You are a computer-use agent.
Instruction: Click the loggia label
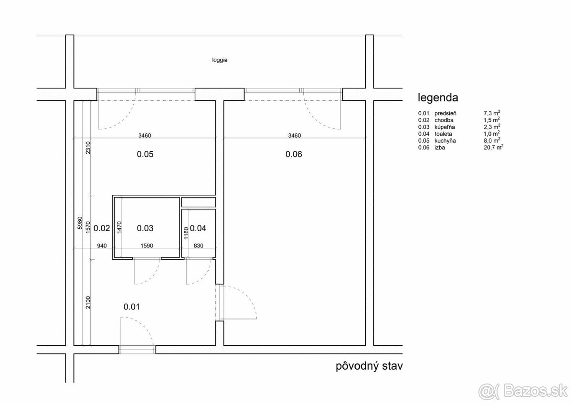point(220,60)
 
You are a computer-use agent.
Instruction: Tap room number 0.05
point(145,154)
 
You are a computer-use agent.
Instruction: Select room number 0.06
point(294,154)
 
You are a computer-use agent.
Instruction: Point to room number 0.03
point(145,228)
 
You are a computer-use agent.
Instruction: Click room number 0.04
point(198,228)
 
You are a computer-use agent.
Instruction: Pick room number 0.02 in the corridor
point(102,228)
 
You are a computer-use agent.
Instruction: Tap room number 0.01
point(131,307)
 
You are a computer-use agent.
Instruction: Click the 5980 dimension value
point(80,223)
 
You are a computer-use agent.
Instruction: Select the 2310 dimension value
point(88,148)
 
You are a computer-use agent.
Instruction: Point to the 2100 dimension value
point(88,302)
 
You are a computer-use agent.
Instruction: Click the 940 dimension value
point(102,246)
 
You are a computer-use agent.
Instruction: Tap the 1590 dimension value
point(147,246)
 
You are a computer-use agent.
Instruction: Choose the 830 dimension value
point(199,246)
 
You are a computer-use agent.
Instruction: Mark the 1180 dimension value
point(186,233)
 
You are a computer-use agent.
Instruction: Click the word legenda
point(438,98)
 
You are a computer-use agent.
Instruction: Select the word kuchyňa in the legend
point(445,141)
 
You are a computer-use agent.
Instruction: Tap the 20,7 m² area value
point(493,147)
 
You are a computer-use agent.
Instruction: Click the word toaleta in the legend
point(443,134)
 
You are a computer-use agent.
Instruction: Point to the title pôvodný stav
point(369,367)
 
